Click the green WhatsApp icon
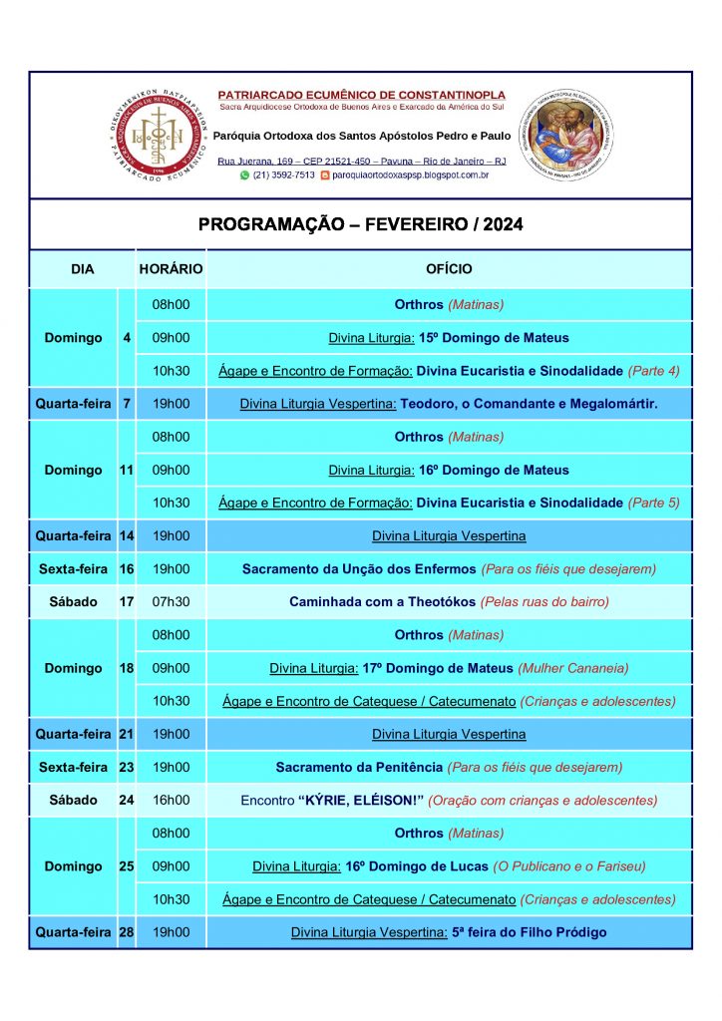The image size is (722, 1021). point(245,175)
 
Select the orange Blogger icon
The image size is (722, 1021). point(324,175)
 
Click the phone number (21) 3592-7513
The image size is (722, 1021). point(283,175)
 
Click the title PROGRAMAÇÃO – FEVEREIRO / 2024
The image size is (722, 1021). point(360,225)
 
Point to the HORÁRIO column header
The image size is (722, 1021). point(171,269)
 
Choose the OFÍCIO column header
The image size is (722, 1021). point(449,269)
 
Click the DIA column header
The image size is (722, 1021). point(82,269)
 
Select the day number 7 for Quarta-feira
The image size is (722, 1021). point(127,404)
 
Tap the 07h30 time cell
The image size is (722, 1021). point(171,602)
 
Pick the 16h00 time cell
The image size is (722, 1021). point(171,800)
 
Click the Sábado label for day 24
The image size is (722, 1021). point(74,800)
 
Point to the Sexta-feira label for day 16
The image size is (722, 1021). point(73,569)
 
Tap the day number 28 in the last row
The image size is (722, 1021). point(127,932)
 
